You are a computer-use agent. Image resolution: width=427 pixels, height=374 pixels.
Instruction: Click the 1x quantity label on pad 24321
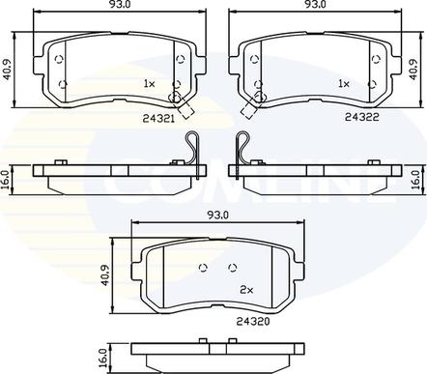(x=149, y=85)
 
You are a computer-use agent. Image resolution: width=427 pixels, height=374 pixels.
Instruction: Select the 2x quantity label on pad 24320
(x=245, y=289)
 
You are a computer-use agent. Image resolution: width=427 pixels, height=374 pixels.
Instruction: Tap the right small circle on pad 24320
(x=229, y=268)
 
